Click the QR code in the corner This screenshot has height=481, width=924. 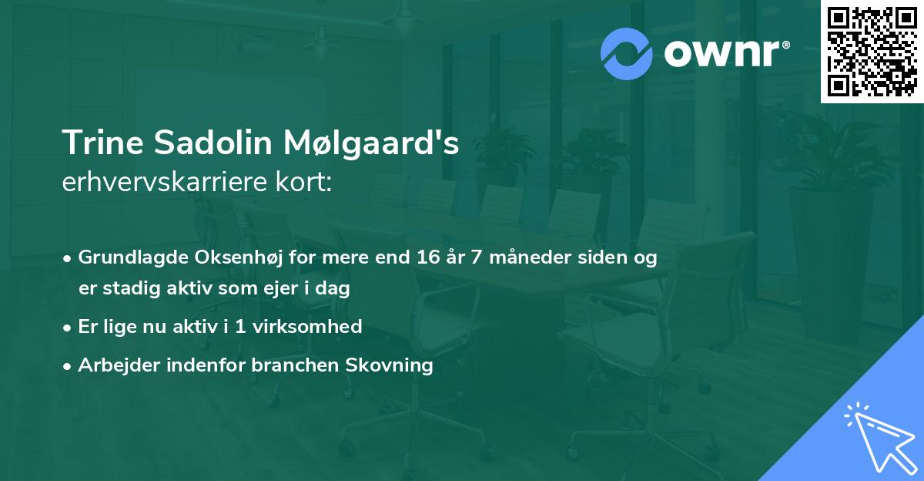(872, 52)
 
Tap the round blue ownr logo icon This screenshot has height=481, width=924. (627, 54)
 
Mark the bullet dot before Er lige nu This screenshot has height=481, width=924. (69, 327)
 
